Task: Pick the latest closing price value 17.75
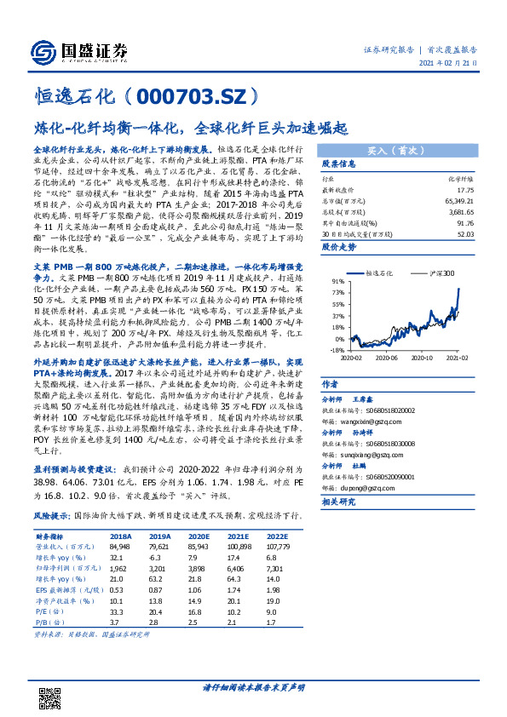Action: pyautogui.click(x=464, y=191)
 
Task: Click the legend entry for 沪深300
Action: pyautogui.click(x=445, y=272)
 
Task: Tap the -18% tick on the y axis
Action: pyautogui.click(x=337, y=349)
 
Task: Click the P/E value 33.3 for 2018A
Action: pyautogui.click(x=119, y=611)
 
